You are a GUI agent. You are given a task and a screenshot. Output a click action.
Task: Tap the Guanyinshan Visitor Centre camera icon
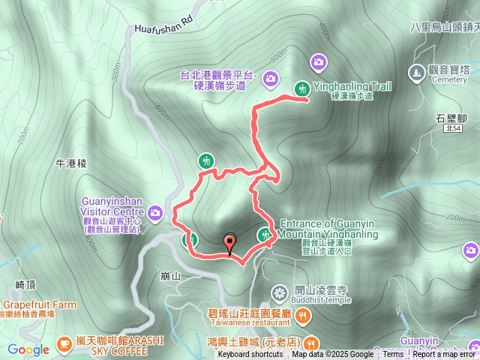(x=155, y=213)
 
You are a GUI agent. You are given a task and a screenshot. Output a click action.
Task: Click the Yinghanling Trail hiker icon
(x=302, y=88)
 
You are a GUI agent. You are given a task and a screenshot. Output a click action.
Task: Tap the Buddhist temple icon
(x=280, y=291)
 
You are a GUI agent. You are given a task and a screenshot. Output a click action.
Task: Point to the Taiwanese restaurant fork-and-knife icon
(x=302, y=316)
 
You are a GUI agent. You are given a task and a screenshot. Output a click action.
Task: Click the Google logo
(x=28, y=349)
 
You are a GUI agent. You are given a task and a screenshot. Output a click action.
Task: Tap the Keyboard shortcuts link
(x=250, y=354)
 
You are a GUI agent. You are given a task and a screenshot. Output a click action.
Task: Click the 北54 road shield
(x=451, y=129)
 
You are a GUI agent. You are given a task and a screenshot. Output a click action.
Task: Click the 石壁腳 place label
(x=451, y=118)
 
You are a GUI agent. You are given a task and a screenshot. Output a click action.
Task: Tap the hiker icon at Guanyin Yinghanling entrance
(x=265, y=235)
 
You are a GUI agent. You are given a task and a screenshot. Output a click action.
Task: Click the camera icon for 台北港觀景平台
(x=270, y=77)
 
